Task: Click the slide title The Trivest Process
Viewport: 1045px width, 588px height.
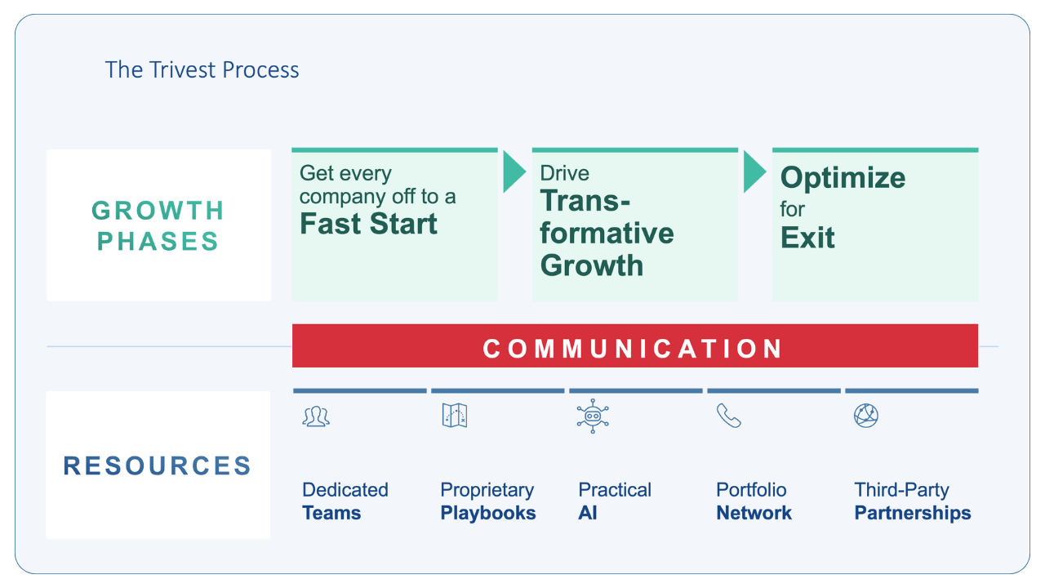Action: point(202,70)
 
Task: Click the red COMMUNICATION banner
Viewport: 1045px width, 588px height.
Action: point(634,348)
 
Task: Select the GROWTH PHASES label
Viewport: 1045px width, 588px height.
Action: point(158,225)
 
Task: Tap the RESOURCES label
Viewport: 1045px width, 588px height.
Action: point(158,465)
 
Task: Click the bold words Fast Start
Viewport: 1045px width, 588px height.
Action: point(368,224)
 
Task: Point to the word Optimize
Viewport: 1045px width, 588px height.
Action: point(843,177)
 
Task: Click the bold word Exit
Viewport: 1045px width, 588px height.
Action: point(807,238)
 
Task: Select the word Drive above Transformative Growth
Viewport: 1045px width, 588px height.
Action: point(564,173)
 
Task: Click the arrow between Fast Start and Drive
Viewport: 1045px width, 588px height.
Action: point(514,171)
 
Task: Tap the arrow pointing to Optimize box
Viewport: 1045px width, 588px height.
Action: point(754,171)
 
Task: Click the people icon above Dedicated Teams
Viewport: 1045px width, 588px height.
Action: point(316,416)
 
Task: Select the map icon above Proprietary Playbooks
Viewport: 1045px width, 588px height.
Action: point(454,416)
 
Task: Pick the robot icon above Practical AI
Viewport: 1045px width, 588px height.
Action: point(592,416)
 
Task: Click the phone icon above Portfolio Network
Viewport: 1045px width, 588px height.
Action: point(728,416)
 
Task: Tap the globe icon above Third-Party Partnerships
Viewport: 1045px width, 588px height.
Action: point(865,416)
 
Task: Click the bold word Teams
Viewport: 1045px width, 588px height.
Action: point(331,514)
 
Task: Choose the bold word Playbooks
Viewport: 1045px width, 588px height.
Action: point(488,514)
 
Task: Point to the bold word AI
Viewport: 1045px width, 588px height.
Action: point(588,514)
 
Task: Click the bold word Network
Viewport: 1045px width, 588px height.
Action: point(754,514)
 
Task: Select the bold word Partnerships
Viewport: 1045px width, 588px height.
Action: point(913,514)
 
